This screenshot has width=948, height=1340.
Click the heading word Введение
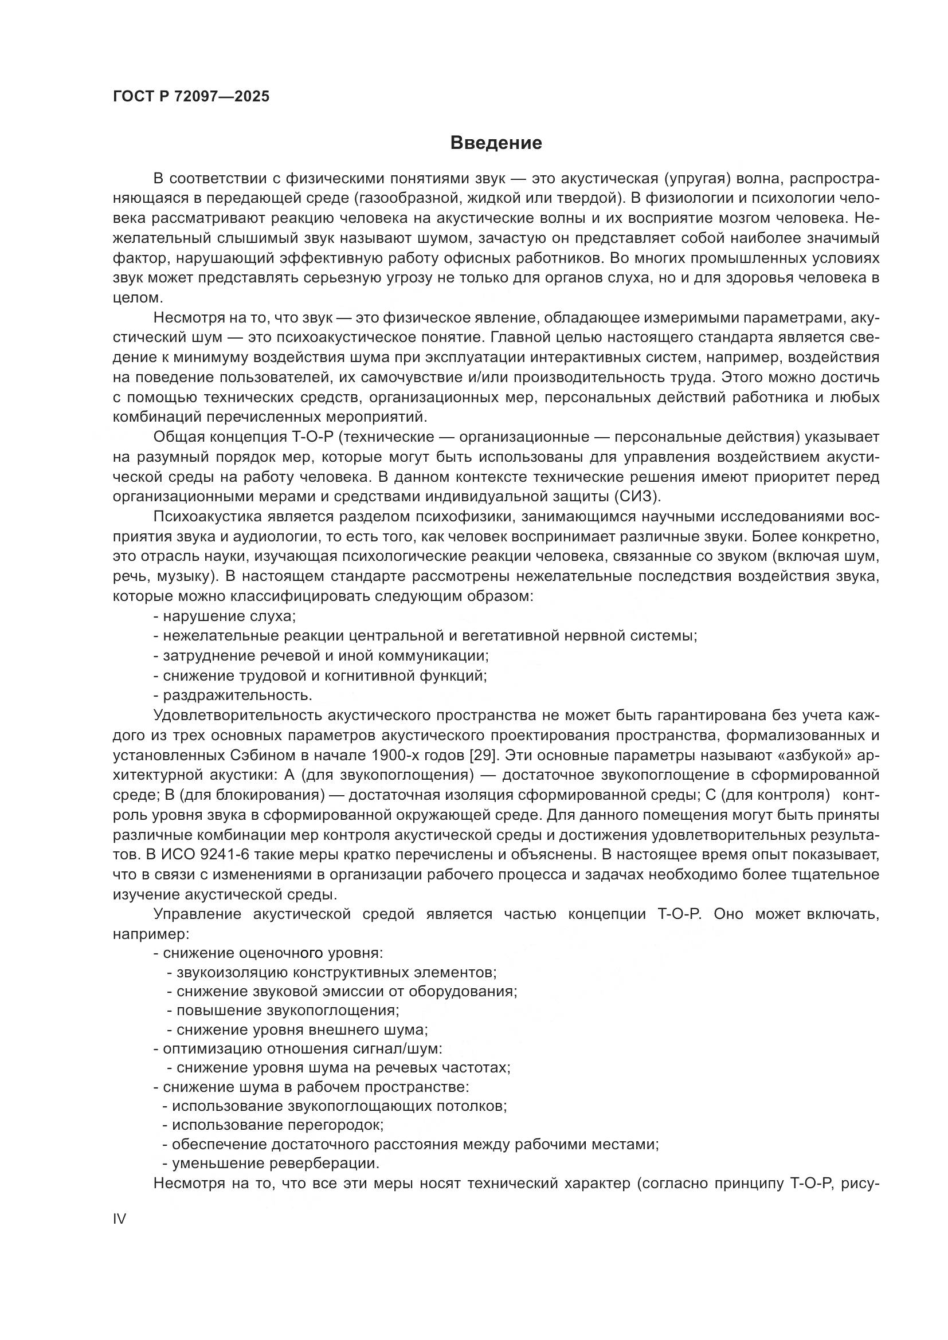496,143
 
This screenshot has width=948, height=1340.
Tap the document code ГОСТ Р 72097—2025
191,96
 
